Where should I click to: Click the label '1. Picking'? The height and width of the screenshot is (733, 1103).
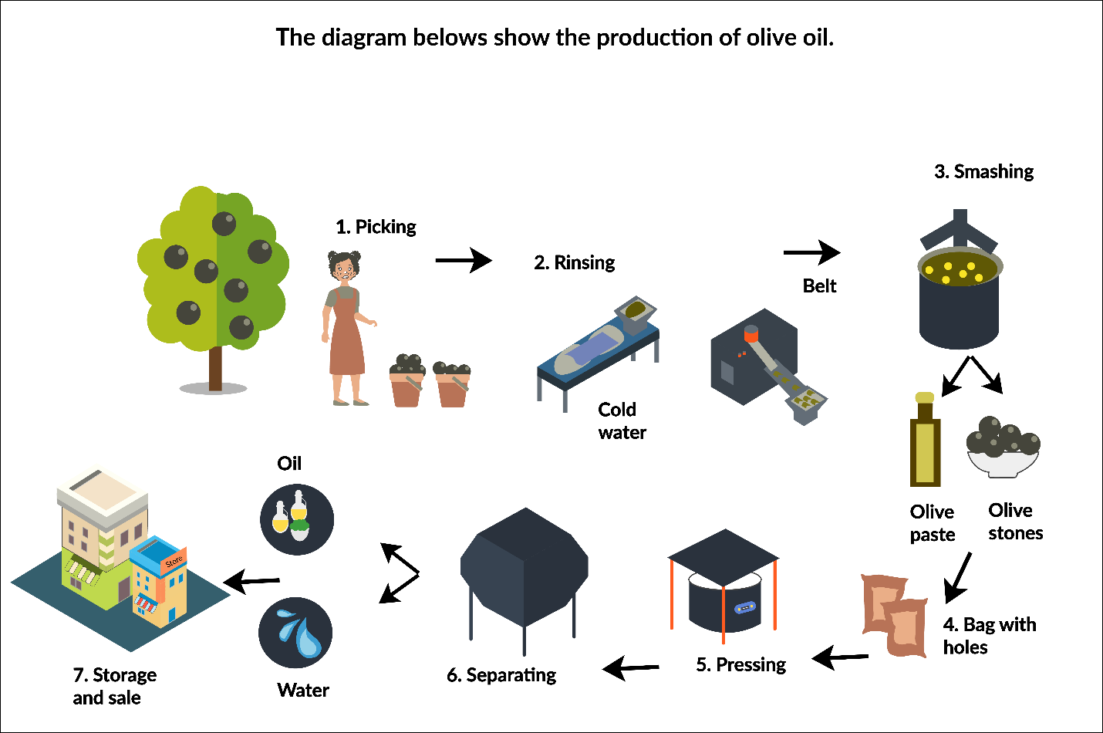(x=376, y=227)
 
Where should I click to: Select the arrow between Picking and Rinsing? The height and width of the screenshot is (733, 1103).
(x=463, y=261)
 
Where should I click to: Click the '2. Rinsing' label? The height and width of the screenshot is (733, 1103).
(x=575, y=262)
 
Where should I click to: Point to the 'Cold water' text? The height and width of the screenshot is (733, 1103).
(x=621, y=421)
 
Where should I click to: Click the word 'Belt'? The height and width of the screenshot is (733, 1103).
(x=819, y=286)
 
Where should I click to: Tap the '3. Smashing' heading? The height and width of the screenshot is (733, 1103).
(x=983, y=171)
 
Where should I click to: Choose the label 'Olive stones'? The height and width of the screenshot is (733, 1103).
(x=1015, y=522)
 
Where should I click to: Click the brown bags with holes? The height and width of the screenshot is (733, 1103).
(x=895, y=615)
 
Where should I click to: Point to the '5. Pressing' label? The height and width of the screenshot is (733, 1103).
(x=740, y=664)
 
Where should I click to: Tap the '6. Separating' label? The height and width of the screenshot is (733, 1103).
(x=501, y=675)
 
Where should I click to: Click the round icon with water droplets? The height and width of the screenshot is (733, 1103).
(x=295, y=633)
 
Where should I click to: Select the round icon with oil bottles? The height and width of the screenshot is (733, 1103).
(x=297, y=519)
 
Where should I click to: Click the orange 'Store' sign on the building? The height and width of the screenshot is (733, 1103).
(x=174, y=561)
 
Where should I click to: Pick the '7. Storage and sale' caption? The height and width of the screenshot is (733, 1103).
(x=114, y=686)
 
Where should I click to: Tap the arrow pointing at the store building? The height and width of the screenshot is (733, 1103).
(x=251, y=581)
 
